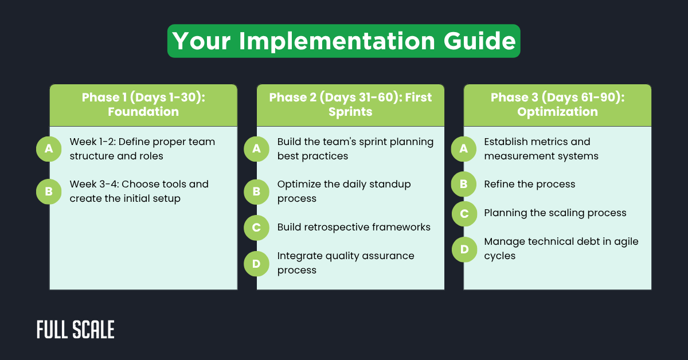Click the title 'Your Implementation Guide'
[343, 41]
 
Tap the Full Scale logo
[75, 330]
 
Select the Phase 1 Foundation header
[143, 104]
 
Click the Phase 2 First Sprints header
[350, 104]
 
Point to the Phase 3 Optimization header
[557, 104]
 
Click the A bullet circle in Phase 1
[49, 149]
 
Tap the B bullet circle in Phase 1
[49, 191]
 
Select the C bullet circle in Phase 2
[256, 228]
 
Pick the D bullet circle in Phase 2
[256, 263]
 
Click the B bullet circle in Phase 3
[463, 185]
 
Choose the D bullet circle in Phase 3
[463, 249]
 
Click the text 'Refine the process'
[529, 184]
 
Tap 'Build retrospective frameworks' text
[354, 227]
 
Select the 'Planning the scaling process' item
[555, 213]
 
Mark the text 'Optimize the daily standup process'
[344, 191]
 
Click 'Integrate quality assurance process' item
[346, 263]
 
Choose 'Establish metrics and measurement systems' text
[541, 148]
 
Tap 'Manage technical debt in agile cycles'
[561, 248]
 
